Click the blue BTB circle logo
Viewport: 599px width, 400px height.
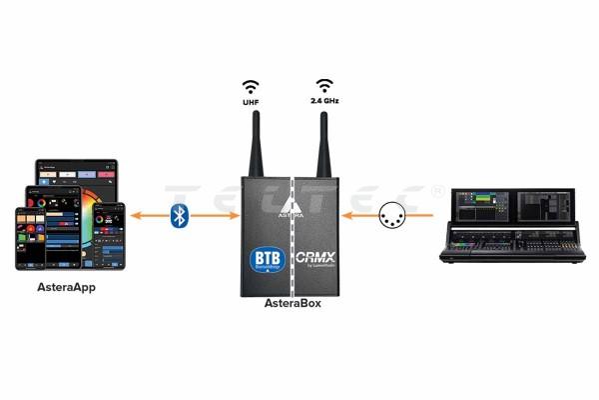(267, 258)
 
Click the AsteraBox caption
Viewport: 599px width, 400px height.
(293, 301)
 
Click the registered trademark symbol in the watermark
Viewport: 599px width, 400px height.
(437, 190)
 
